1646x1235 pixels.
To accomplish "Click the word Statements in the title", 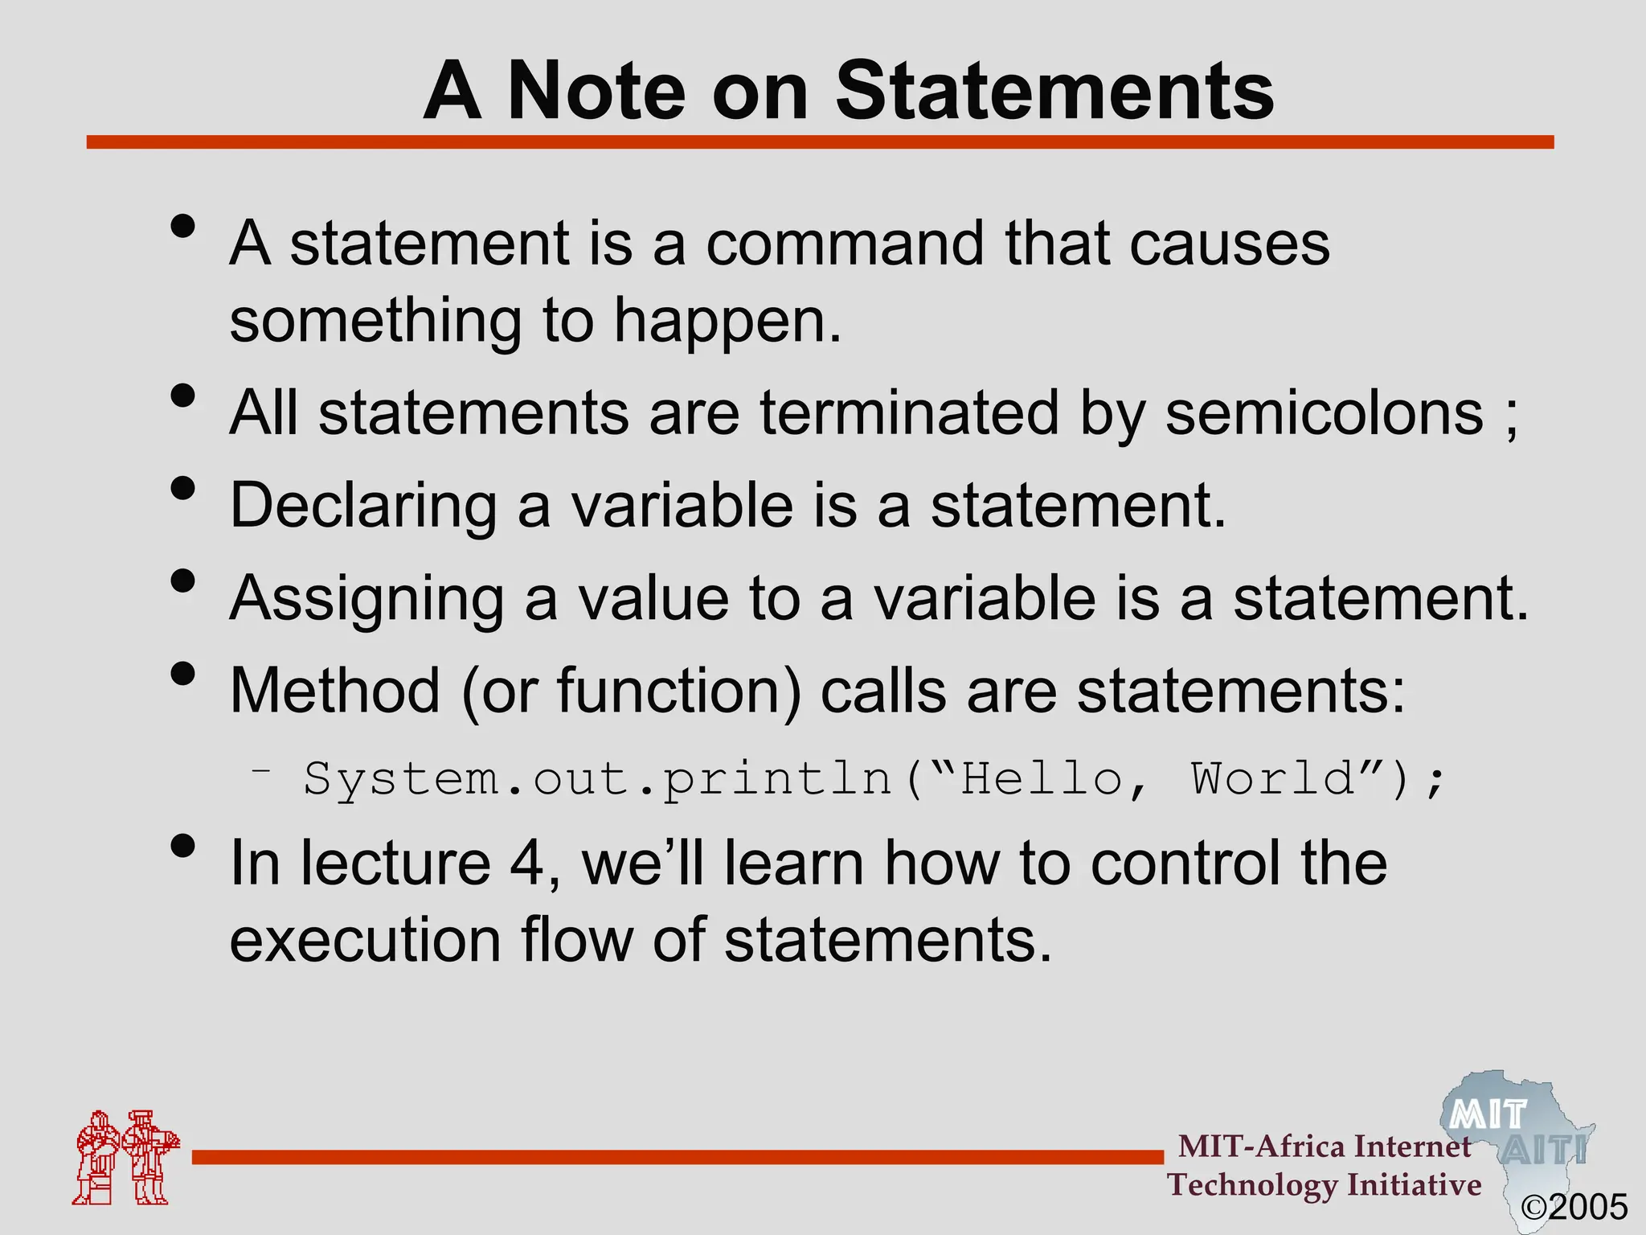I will click(x=1054, y=91).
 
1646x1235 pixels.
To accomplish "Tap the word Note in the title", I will click(x=596, y=91).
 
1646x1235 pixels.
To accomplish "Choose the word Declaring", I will click(x=363, y=506).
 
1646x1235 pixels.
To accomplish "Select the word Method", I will click(x=335, y=691).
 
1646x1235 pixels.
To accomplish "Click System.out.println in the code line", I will click(x=598, y=779).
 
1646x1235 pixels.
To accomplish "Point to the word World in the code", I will click(x=1272, y=778).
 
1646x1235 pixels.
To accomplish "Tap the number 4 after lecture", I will click(x=527, y=863).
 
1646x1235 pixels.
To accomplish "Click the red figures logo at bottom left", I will click(x=125, y=1157).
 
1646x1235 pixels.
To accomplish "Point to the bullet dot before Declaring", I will click(x=183, y=488).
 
